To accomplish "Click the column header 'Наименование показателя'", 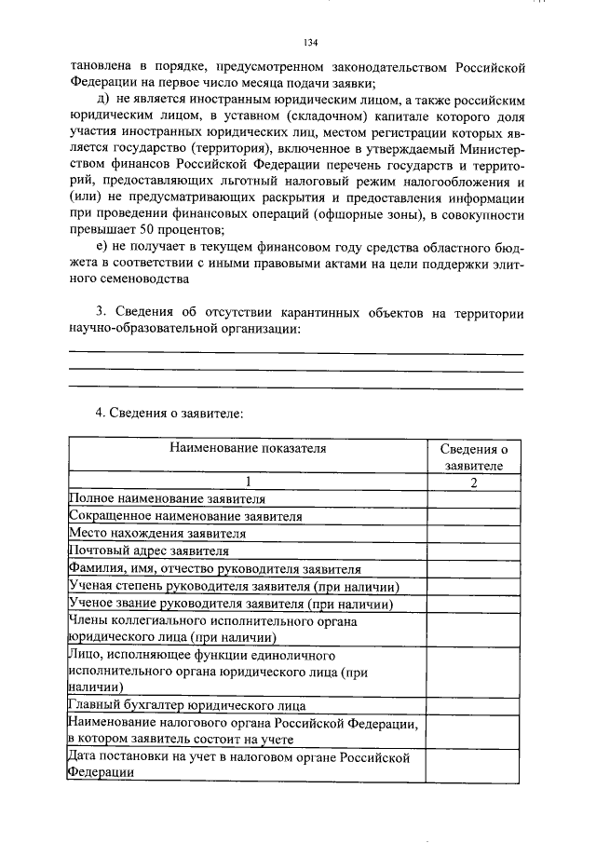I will click(x=248, y=448).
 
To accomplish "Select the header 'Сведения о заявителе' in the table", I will click(x=473, y=456).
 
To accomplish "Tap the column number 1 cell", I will click(x=248, y=482).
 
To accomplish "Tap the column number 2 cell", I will click(x=473, y=482).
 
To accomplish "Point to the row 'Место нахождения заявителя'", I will click(x=157, y=534).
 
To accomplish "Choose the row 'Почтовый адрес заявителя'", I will click(x=149, y=551).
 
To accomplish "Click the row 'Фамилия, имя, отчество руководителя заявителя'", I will click(x=215, y=568).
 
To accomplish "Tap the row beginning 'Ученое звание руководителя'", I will click(x=228, y=604).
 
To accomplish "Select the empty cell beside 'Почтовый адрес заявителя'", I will click(x=473, y=551).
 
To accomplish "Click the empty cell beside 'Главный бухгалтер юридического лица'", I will click(x=473, y=706).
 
